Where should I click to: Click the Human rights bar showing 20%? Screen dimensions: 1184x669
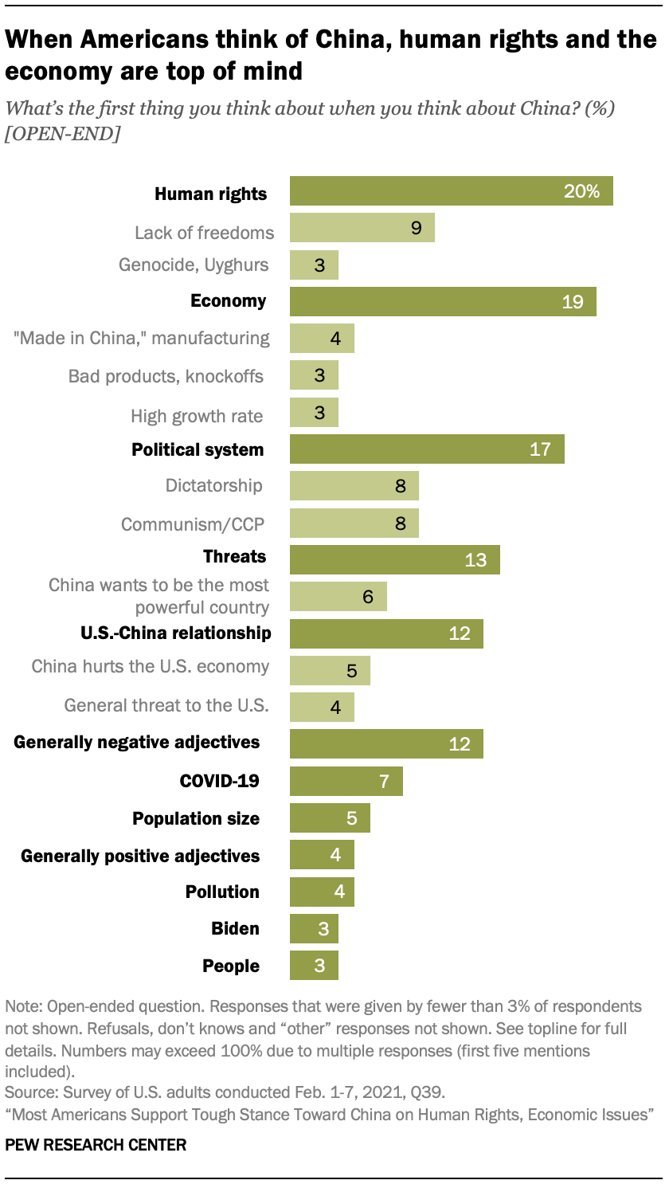[x=451, y=192]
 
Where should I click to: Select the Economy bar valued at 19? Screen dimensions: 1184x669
[x=443, y=301]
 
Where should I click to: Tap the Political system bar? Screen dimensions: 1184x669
[x=427, y=449]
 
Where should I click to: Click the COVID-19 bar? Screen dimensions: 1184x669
[x=346, y=781]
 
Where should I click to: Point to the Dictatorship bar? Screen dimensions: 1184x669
[x=354, y=486]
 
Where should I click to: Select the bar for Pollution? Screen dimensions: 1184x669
[x=322, y=892]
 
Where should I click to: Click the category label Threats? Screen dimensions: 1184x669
[x=234, y=556]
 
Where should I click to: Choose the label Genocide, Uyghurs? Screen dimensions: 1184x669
[x=194, y=265]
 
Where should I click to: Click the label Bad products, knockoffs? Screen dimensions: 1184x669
[x=166, y=375]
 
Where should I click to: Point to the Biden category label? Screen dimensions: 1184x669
[x=235, y=928]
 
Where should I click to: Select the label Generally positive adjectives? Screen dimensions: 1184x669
[x=140, y=856]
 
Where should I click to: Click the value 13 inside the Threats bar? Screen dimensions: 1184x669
[x=475, y=560]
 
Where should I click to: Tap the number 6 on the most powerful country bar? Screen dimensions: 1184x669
[x=368, y=597]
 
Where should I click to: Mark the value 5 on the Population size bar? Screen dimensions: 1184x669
[x=352, y=818]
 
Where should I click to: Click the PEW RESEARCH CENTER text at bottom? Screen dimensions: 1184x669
[x=96, y=1146]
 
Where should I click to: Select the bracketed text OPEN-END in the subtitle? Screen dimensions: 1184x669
[x=63, y=134]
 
